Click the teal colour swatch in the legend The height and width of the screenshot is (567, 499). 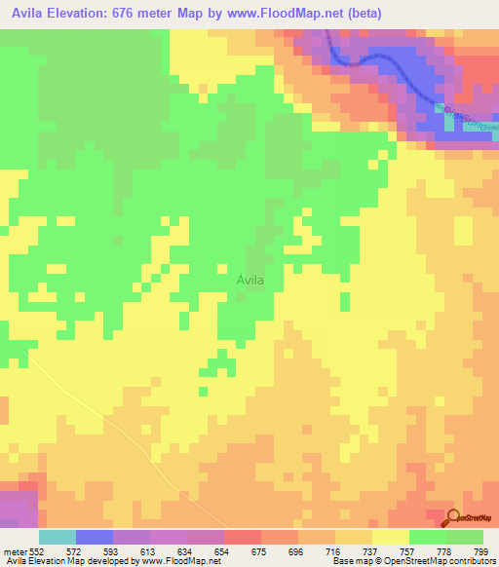coord(58,537)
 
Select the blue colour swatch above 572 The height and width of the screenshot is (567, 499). coord(95,537)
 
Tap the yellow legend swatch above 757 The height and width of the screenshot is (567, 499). coord(390,537)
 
